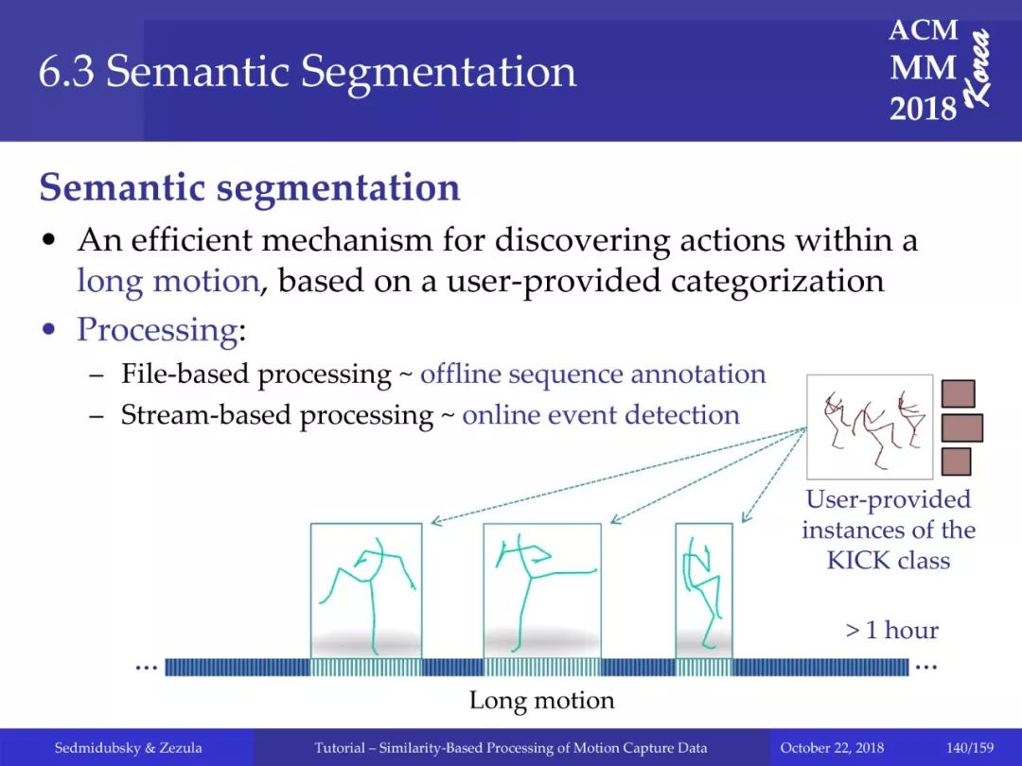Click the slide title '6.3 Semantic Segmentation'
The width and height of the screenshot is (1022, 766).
pos(308,71)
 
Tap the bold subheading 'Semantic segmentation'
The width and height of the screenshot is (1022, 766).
pos(250,187)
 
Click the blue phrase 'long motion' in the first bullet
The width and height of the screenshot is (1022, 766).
pos(168,282)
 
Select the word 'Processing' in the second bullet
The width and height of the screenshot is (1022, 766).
pos(158,330)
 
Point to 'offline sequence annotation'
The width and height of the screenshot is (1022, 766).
pos(593,374)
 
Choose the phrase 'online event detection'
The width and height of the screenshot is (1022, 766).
pos(601,415)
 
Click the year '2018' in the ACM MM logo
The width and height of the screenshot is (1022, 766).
pos(923,108)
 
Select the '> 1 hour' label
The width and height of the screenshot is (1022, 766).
pos(891,630)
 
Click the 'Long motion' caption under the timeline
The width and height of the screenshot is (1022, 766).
pos(541,700)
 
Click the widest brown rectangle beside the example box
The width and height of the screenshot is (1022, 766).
pos(962,428)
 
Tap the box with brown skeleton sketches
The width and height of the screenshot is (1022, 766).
pos(870,427)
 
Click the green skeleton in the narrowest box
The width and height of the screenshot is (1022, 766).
pos(701,592)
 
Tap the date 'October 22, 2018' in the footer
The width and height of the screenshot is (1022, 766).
pos(832,748)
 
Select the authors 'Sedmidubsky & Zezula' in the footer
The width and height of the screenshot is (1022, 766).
pos(129,748)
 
